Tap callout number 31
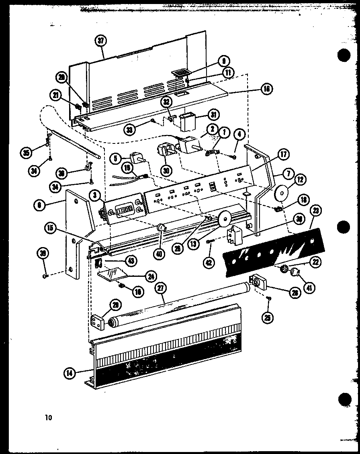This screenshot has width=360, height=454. (213, 115)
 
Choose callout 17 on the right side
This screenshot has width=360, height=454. (284, 154)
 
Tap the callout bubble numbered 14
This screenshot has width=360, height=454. (70, 372)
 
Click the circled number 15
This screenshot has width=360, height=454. (50, 227)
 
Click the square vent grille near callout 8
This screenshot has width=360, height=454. (180, 73)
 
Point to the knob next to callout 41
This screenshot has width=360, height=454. (296, 273)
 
